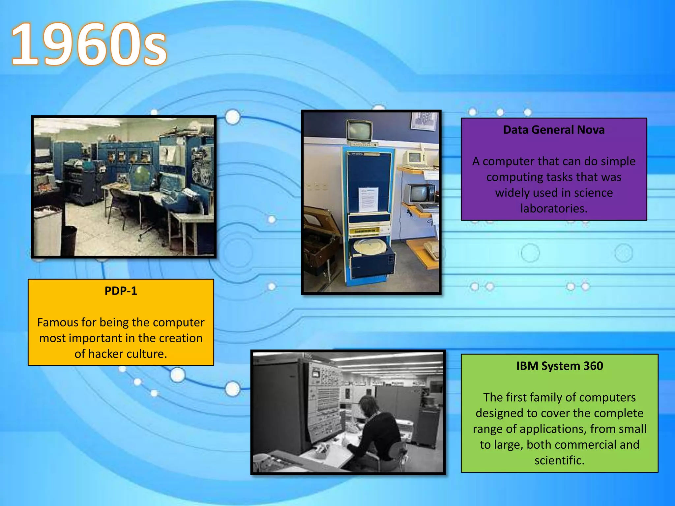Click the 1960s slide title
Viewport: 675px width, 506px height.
tap(89, 44)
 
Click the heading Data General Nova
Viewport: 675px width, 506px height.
tap(554, 130)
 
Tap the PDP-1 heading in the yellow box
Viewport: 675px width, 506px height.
tap(121, 291)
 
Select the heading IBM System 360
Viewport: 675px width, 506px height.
tap(559, 366)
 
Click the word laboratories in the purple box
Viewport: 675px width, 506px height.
tap(554, 209)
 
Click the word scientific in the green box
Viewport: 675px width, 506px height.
tap(559, 460)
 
